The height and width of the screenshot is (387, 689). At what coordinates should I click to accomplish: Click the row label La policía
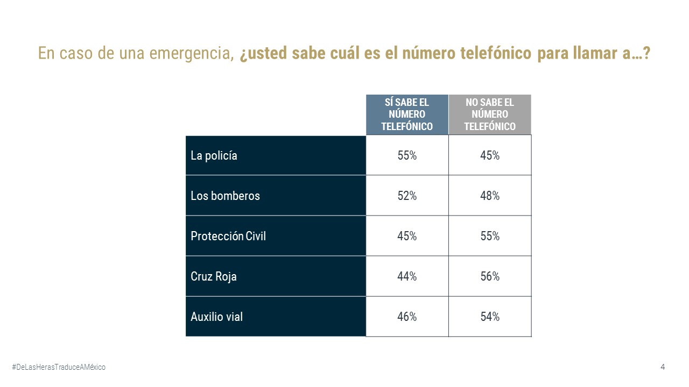coord(214,156)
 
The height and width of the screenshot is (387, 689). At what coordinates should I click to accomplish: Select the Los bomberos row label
coord(225,196)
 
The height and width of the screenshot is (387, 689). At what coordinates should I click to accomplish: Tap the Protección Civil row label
coord(228,236)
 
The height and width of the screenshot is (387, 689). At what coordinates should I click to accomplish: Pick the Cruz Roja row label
coord(214,277)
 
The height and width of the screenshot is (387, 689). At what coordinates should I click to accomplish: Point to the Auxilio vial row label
coord(216,317)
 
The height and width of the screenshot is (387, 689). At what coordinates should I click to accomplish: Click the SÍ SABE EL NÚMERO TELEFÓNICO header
coord(407,114)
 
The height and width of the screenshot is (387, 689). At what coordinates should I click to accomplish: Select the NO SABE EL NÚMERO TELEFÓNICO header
coord(490,114)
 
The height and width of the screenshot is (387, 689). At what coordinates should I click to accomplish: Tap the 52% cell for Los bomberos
coord(407,196)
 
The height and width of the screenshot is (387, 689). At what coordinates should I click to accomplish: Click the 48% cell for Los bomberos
coord(490,196)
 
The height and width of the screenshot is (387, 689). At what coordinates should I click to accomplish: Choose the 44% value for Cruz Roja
coord(407,277)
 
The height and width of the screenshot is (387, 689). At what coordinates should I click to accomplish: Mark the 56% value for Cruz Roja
coord(490,277)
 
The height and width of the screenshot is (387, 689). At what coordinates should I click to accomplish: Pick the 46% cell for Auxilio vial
coord(407,317)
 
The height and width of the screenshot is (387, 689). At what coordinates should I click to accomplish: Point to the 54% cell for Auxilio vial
coord(490,317)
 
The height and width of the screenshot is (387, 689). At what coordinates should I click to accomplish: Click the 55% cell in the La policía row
coord(407,156)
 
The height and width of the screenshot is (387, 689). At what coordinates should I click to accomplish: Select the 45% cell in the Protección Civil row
coord(407,236)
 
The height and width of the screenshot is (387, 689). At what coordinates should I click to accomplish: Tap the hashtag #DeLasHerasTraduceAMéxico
coord(59,367)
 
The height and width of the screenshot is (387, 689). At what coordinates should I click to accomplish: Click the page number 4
coord(663,367)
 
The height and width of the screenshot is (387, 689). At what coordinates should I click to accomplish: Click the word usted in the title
coord(269,54)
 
